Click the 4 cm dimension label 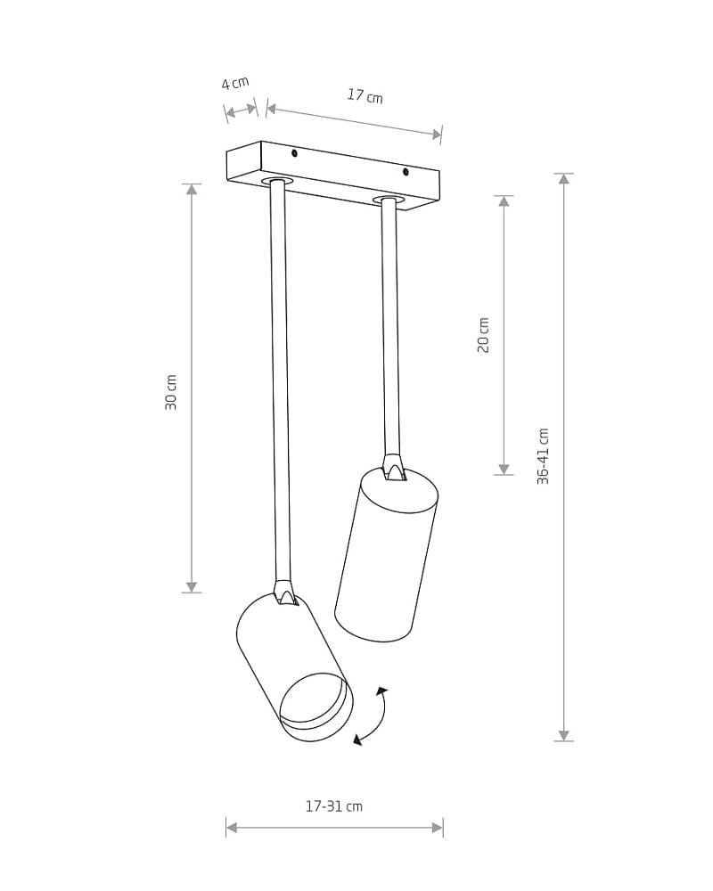coord(235,83)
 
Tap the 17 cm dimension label coord(365,95)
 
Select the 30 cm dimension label coord(171,392)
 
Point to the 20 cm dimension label coord(483,335)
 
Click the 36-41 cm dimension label coord(544,456)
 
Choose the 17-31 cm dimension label coord(333,805)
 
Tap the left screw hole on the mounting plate coord(294,153)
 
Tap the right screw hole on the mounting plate coord(406,172)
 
